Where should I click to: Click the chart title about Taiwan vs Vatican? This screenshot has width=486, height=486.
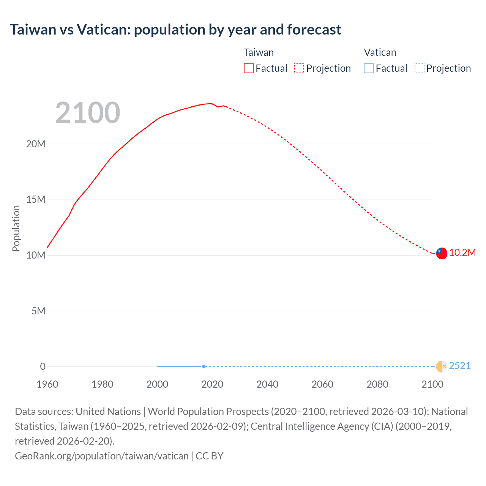click(x=175, y=30)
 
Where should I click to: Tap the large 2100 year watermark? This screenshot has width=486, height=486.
click(x=88, y=113)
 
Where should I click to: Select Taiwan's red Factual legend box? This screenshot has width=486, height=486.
click(x=248, y=68)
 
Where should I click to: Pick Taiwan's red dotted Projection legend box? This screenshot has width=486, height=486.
click(x=299, y=68)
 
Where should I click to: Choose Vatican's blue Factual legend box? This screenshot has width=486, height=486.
click(x=368, y=68)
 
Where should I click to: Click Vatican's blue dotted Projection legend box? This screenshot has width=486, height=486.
click(x=419, y=68)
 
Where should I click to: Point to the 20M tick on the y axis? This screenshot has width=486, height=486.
click(x=36, y=144)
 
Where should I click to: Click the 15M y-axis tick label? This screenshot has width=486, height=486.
click(x=36, y=200)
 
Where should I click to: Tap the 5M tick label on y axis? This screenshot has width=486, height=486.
click(x=38, y=311)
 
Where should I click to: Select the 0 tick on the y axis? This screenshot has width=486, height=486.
click(x=43, y=367)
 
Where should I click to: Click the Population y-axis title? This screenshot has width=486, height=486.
click(x=16, y=228)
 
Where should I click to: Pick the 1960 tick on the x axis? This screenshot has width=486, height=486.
click(x=47, y=384)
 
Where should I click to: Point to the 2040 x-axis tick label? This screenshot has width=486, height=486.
click(x=267, y=384)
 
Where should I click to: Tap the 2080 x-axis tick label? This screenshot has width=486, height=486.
click(x=377, y=384)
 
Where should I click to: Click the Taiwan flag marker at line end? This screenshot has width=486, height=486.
click(x=442, y=253)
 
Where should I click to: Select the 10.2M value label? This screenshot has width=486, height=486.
click(x=462, y=253)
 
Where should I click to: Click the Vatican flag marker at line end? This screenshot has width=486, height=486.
click(x=442, y=366)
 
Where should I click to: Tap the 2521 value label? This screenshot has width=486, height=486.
click(x=460, y=366)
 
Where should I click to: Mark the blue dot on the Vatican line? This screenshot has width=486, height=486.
click(x=204, y=366)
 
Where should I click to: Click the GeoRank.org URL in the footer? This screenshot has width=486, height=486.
click(x=101, y=456)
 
